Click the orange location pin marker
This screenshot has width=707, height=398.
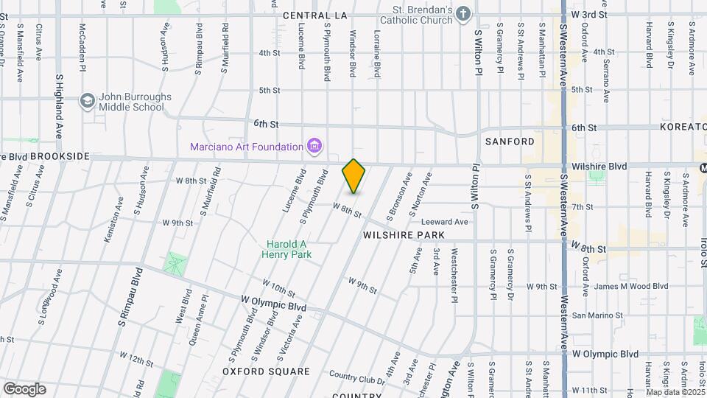click(353, 176)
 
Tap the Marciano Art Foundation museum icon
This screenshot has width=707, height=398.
click(315, 146)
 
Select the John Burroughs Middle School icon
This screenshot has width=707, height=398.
click(88, 101)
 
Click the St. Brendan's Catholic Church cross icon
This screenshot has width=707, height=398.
click(462, 14)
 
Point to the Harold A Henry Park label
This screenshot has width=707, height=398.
click(286, 249)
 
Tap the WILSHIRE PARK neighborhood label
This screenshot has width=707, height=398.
click(404, 235)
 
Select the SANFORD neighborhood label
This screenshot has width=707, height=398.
click(509, 141)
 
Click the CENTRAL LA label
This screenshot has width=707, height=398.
click(314, 15)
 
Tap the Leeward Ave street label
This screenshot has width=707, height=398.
click(445, 222)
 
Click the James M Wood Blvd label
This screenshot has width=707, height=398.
click(630, 287)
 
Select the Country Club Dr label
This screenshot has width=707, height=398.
click(357, 379)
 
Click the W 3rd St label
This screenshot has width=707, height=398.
click(589, 14)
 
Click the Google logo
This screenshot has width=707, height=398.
click(24, 389)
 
